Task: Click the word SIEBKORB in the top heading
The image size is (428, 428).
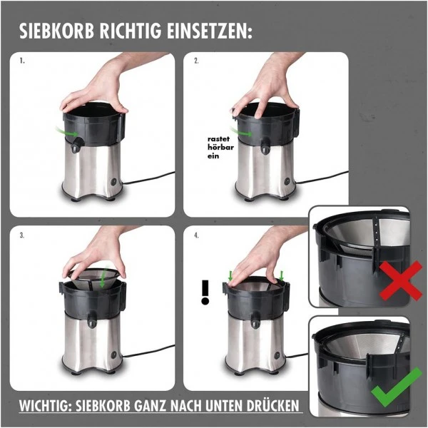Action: click(58, 32)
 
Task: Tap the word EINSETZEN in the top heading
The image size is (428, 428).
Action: click(208, 32)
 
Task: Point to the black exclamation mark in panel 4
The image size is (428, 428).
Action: click(206, 292)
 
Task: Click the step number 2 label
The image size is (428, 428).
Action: click(196, 61)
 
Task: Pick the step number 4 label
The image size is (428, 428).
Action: click(196, 234)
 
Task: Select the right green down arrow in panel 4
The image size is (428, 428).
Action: click(282, 275)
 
